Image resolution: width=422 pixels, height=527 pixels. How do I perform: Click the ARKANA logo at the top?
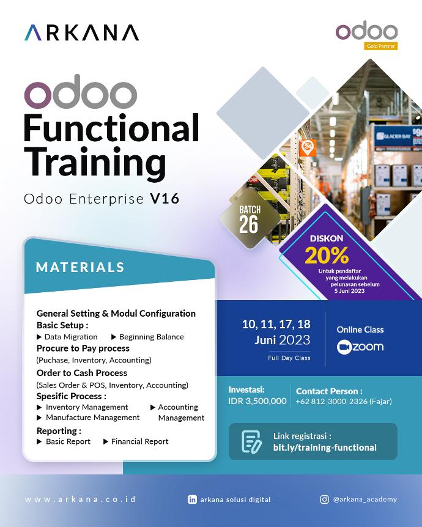[81, 32]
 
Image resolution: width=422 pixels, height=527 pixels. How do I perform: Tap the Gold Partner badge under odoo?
[380, 46]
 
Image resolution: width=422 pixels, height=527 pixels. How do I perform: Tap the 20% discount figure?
[327, 254]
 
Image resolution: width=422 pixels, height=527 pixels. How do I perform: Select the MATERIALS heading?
[80, 267]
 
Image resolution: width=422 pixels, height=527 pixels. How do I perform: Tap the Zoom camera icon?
[344, 347]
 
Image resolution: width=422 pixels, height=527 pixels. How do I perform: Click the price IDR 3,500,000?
[257, 401]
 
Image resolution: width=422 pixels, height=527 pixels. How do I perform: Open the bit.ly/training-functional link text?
[325, 448]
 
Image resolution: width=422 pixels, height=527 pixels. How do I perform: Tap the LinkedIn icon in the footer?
[193, 499]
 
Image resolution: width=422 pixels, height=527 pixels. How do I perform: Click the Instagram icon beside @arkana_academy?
[324, 499]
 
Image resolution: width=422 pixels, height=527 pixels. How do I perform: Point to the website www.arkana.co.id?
[80, 499]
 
